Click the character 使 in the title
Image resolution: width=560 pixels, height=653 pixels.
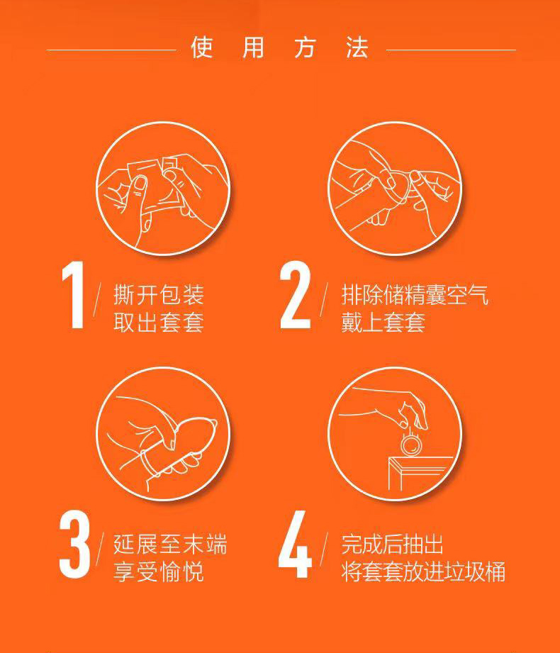[x=202, y=47]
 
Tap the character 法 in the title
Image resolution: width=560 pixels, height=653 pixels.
[x=357, y=47]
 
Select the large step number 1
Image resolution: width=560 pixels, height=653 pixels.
[x=73, y=295]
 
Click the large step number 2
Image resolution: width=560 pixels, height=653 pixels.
[x=295, y=295]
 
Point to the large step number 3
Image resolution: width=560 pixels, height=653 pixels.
[x=74, y=545]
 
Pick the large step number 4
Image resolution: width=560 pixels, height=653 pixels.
[x=295, y=545]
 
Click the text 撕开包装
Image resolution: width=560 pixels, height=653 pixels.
[x=159, y=295]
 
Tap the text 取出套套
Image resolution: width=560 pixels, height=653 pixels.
[x=159, y=322]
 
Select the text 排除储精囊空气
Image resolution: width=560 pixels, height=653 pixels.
[x=415, y=295]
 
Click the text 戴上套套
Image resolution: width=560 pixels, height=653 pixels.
[x=383, y=322]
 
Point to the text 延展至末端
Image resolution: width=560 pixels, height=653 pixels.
[x=170, y=545]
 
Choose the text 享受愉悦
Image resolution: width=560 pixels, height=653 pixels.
[x=159, y=571]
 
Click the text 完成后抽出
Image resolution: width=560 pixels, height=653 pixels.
[x=392, y=545]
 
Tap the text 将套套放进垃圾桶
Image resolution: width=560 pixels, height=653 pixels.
[x=423, y=571]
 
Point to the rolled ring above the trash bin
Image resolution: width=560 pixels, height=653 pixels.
[x=412, y=445]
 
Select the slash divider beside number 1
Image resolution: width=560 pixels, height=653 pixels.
[x=97, y=300]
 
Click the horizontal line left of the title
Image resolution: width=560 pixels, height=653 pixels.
[x=111, y=50]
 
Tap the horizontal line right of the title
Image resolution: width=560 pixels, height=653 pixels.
[x=452, y=50]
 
